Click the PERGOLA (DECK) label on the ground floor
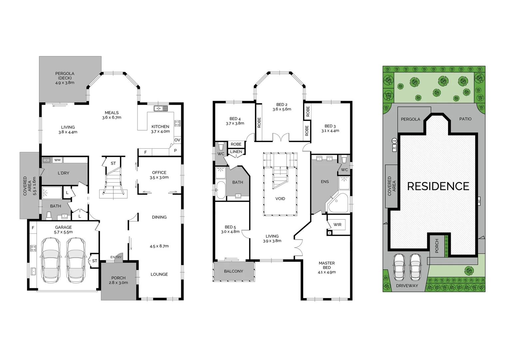[x=65, y=78]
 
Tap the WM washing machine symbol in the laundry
[x=57, y=160]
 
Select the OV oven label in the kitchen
[x=177, y=140]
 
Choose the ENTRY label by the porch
[x=116, y=257]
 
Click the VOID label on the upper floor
[x=280, y=199]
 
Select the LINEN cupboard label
[x=236, y=152]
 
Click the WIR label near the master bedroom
[x=337, y=225]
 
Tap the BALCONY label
[x=234, y=271]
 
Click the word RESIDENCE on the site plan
[x=438, y=186]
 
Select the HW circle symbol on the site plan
[x=394, y=141]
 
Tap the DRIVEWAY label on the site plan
[x=407, y=286]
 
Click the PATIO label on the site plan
[x=465, y=119]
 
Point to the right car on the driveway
[x=415, y=267]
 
